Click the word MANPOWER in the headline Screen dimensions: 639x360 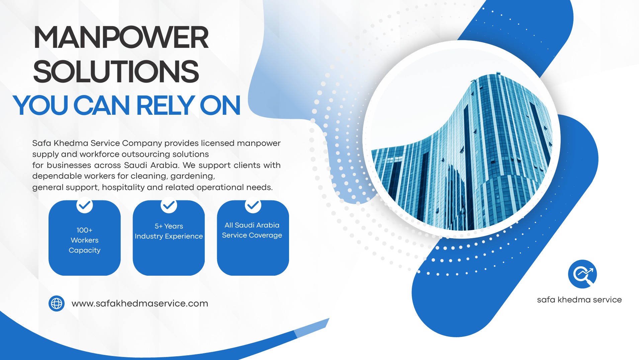coord(121,37)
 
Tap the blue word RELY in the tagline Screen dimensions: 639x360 coord(166,105)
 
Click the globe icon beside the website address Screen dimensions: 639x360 coord(57,303)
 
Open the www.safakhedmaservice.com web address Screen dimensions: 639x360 coord(140,303)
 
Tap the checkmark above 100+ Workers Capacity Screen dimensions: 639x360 coord(85,205)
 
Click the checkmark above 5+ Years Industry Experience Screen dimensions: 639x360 coord(169,205)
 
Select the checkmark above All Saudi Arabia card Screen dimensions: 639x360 coord(253,205)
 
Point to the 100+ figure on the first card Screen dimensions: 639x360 coord(85,230)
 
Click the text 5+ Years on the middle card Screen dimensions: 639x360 coord(169,226)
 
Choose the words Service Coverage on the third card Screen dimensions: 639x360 coord(252,235)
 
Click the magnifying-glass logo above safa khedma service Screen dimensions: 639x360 coord(582,274)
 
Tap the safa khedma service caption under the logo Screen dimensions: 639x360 coord(579,300)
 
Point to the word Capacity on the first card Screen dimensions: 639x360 coord(85,251)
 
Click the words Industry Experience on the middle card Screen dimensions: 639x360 coord(169,237)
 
